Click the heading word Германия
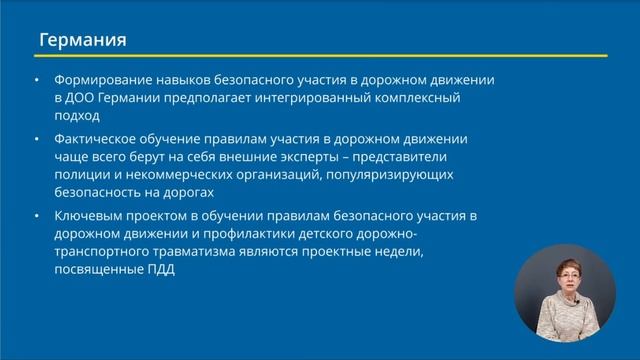[x=82, y=41]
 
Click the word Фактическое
[x=99, y=139]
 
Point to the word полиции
[x=83, y=175]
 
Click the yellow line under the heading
[x=319, y=55]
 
